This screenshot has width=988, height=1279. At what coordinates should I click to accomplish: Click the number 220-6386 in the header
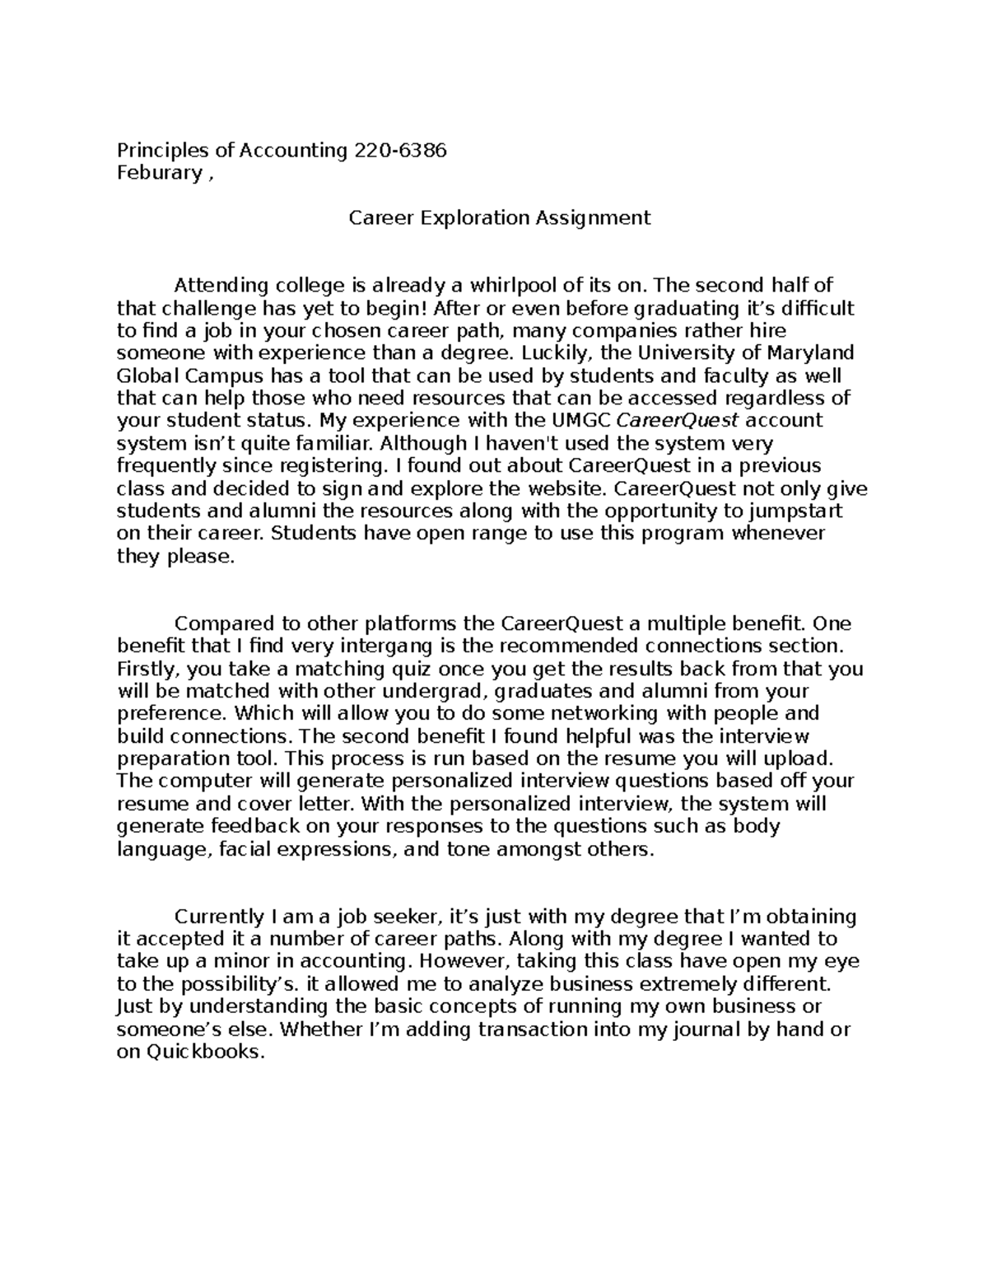[399, 150]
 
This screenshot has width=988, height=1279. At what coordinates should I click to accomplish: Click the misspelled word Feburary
[159, 173]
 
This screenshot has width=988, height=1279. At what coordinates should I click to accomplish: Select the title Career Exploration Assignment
[499, 217]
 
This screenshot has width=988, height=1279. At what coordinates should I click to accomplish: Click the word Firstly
[145, 669]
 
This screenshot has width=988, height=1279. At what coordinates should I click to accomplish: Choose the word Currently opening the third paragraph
[217, 917]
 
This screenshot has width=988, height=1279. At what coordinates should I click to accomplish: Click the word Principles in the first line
[162, 150]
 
